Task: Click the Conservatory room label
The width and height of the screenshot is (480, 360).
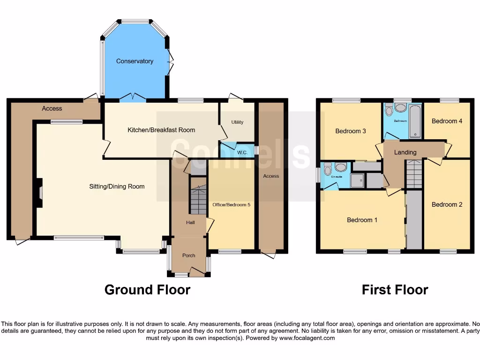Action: tap(135, 61)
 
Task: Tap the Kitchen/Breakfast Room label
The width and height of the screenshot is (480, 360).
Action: tap(161, 130)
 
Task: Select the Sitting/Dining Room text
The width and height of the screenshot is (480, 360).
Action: tap(117, 187)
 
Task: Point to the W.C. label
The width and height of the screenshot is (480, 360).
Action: tap(242, 152)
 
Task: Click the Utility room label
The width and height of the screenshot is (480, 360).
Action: tap(237, 122)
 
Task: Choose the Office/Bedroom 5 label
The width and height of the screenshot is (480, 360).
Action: tap(231, 205)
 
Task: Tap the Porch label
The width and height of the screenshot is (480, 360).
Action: tap(189, 255)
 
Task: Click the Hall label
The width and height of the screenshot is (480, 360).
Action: tap(190, 223)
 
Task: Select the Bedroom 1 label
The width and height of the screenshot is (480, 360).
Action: tap(362, 220)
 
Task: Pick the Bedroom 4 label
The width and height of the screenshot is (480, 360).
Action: tap(447, 121)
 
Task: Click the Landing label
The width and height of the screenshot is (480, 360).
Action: tap(405, 152)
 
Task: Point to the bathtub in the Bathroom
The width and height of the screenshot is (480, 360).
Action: tap(415, 121)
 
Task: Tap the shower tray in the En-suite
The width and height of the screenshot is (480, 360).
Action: tap(357, 180)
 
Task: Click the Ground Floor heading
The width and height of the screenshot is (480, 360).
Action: tap(147, 290)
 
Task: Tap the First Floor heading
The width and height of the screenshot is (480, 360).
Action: tap(395, 290)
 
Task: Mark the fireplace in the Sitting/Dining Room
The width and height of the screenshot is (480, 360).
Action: tap(38, 193)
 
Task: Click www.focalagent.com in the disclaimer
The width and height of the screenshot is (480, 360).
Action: tap(307, 338)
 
